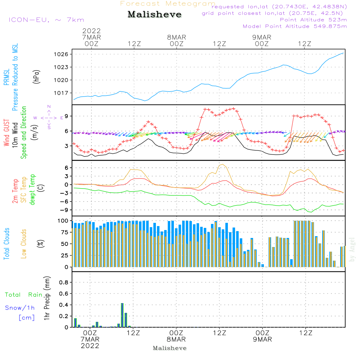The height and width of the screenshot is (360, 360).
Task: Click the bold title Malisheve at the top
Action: tap(155, 15)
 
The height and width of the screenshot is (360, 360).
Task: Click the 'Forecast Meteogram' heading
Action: tap(168, 4)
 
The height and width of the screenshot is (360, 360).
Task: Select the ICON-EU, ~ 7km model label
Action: tap(46, 20)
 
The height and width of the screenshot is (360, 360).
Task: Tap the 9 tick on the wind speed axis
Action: tap(67, 116)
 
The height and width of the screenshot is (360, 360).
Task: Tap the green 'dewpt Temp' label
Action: tap(33, 190)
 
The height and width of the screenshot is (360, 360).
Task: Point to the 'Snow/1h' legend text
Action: tap(20, 308)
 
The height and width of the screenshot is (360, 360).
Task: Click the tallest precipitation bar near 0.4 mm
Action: tap(122, 315)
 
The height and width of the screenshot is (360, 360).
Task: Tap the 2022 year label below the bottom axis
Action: tap(90, 346)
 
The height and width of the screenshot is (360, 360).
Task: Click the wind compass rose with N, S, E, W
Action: tap(49, 117)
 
